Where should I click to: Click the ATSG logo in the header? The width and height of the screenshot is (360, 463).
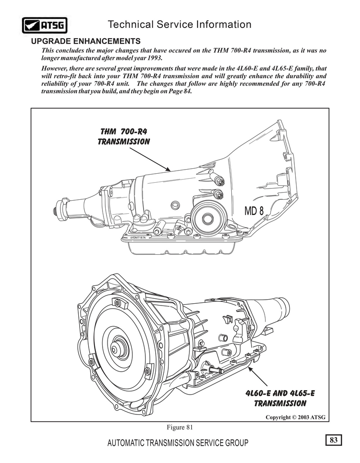[x=43, y=25]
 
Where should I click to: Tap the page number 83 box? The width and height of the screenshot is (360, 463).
[x=333, y=440]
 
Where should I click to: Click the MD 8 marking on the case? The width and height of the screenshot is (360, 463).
[x=254, y=211]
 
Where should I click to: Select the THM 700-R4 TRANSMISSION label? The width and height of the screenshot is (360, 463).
[x=123, y=136]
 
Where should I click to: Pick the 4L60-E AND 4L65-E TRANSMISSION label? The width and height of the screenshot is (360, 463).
[x=280, y=398]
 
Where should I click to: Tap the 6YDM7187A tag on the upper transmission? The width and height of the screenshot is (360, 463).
[x=141, y=237]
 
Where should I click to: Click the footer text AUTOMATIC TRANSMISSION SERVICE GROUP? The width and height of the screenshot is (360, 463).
[x=178, y=444]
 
